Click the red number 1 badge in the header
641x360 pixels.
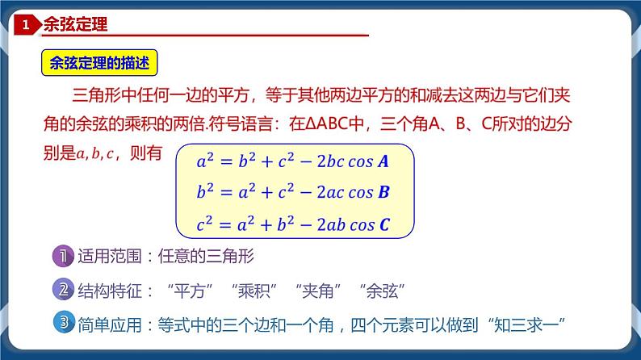(26, 26)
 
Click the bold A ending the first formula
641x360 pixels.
(383, 161)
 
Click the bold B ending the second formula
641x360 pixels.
(383, 193)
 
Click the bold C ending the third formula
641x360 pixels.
(384, 225)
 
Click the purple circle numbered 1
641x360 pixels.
(63, 258)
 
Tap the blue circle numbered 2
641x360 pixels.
(63, 290)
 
